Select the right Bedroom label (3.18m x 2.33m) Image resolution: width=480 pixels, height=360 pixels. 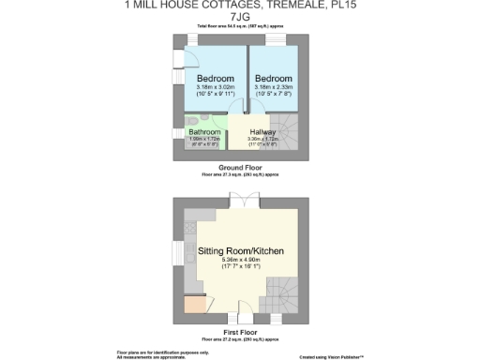tap(274, 79)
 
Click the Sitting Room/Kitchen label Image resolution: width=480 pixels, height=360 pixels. tap(241, 251)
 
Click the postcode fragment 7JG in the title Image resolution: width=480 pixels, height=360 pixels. tap(240, 17)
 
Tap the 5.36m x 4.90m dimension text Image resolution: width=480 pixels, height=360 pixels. tap(241, 262)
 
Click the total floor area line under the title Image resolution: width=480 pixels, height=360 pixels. tap(240, 27)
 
